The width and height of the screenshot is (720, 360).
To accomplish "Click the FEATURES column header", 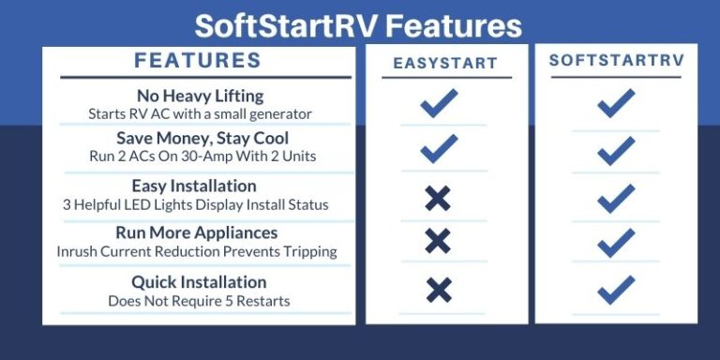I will [x=198, y=62].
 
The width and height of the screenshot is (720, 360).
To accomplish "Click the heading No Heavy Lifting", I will [x=199, y=97].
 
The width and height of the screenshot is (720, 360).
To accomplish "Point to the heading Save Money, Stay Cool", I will [x=199, y=139].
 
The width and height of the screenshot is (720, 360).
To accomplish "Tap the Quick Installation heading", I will [x=199, y=282].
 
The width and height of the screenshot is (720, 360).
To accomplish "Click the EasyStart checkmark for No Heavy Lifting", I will [x=438, y=103].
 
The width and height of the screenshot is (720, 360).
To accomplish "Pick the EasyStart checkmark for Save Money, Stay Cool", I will [x=438, y=148].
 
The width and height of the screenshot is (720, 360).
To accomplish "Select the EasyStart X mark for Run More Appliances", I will [x=437, y=241].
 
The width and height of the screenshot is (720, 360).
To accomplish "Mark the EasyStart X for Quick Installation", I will [x=437, y=290].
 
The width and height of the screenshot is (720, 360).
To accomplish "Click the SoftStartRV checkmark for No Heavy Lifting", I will [x=616, y=102].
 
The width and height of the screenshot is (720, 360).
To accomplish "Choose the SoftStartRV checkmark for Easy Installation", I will [x=616, y=198].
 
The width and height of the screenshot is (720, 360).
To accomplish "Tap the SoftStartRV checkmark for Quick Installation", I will [x=616, y=289].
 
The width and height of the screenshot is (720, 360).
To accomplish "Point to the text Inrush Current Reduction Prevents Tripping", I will [x=197, y=251].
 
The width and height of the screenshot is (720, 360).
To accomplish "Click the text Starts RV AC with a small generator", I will [x=199, y=113].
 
